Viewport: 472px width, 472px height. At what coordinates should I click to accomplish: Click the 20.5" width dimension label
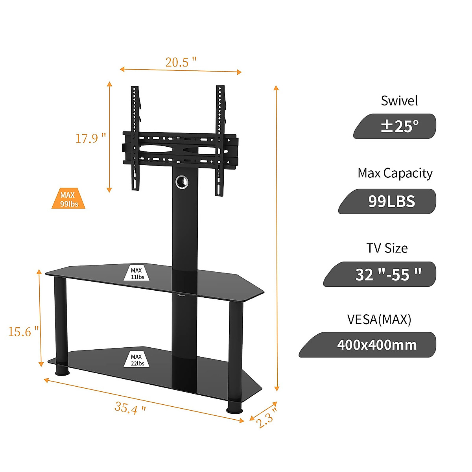pyautogui.click(x=181, y=62)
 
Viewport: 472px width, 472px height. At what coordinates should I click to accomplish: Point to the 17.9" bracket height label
pyautogui.click(x=90, y=138)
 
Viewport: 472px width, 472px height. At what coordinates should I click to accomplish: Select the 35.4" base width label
pyautogui.click(x=130, y=407)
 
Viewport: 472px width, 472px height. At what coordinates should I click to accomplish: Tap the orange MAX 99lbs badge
pyautogui.click(x=68, y=199)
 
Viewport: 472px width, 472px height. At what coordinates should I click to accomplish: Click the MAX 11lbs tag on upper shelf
pyautogui.click(x=137, y=273)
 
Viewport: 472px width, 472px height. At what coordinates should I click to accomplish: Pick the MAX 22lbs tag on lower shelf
pyautogui.click(x=137, y=360)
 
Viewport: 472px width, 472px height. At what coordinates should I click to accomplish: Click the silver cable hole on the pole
pyautogui.click(x=182, y=182)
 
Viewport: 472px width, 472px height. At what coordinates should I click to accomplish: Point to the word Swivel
pyautogui.click(x=399, y=101)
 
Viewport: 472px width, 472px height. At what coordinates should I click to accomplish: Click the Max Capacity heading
pyautogui.click(x=395, y=173)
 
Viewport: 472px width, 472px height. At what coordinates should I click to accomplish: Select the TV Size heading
pyautogui.click(x=387, y=248)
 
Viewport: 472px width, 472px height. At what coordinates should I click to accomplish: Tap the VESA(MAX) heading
pyautogui.click(x=379, y=319)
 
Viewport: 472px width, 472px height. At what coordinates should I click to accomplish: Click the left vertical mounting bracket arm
pyautogui.click(x=135, y=138)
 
